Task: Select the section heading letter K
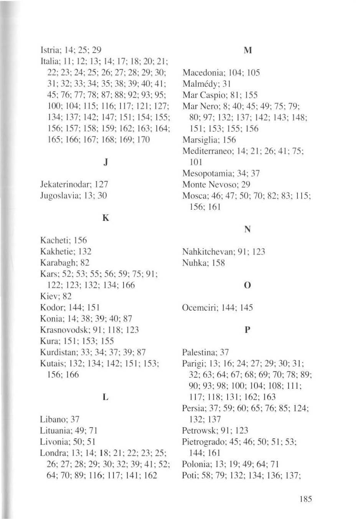pos(106,218)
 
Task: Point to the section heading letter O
pos(247,285)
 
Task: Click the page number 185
pos(306,499)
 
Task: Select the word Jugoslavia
pos(57,196)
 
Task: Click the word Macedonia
pos(200,73)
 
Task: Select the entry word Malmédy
pos(198,84)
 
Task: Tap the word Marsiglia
pos(198,140)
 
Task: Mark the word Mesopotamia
pos(203,173)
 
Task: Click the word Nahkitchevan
pos(204,252)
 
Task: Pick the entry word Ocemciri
pos(198,308)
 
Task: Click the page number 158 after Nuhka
pos(217,263)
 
